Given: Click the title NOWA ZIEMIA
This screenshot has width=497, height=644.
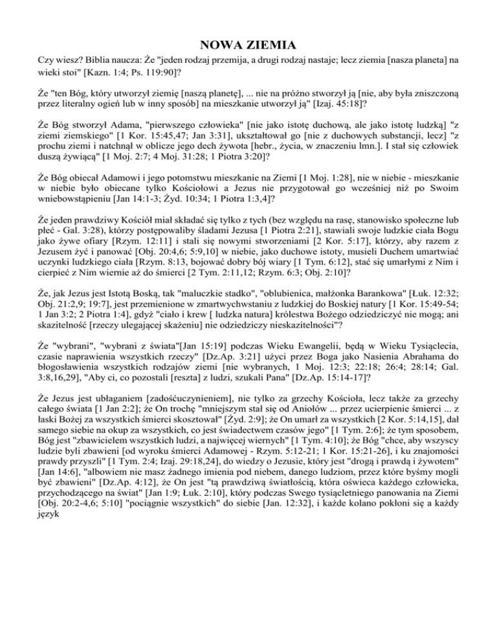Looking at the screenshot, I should coord(248,45).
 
